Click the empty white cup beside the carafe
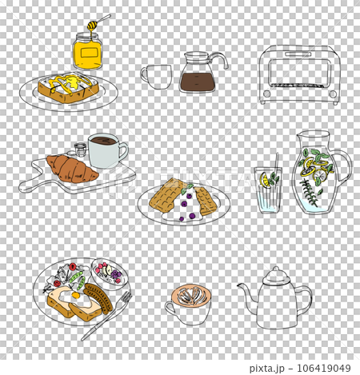tap(158, 77)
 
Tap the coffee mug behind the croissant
tap(106, 150)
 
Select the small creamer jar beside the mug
tap(78, 150)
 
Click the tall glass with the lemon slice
tap(267, 190)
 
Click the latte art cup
tap(190, 301)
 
